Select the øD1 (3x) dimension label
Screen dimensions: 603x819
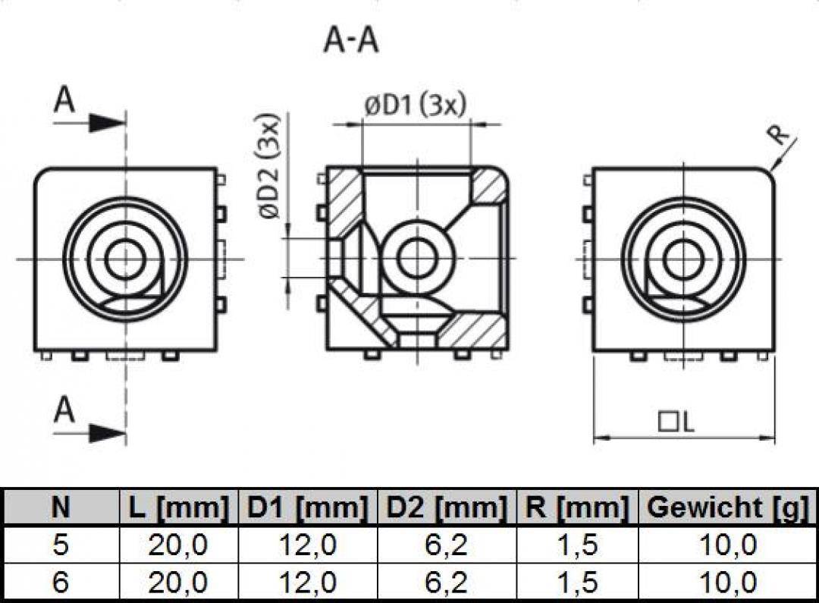pos(414,106)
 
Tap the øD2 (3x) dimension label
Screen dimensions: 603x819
pos(271,167)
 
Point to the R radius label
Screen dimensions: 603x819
pos(778,137)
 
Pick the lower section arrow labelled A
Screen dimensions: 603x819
pos(87,422)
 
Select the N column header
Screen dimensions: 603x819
pos(60,507)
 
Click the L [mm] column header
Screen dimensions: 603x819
pos(176,507)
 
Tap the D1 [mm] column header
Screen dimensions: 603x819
pos(308,507)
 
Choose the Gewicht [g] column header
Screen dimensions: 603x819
pos(727,507)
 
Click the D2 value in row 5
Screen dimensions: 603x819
pos(445,545)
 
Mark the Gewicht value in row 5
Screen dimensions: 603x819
pos(727,545)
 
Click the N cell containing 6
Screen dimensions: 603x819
pos(60,583)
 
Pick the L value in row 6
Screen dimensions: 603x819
pos(177,583)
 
